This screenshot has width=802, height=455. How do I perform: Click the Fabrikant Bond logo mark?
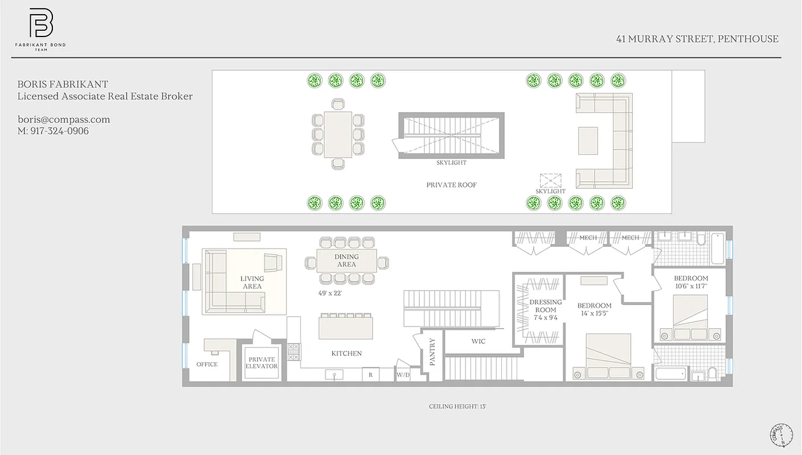(x=41, y=24)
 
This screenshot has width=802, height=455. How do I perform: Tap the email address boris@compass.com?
(x=63, y=119)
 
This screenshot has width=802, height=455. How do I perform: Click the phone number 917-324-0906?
(x=60, y=131)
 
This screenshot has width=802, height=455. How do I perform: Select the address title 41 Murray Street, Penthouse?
(x=697, y=39)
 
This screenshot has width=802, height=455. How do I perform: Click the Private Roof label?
(x=451, y=185)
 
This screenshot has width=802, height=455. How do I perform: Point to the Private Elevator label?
(x=261, y=363)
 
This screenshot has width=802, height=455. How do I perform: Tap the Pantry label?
(x=432, y=351)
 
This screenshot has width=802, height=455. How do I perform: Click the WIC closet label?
(x=478, y=341)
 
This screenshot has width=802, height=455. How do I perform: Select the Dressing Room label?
(x=545, y=306)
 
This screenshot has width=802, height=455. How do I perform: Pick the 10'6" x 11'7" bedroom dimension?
(x=690, y=286)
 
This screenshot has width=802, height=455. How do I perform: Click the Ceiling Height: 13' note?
(x=457, y=407)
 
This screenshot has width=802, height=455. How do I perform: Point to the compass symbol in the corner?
(x=781, y=435)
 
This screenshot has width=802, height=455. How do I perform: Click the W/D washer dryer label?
(x=403, y=375)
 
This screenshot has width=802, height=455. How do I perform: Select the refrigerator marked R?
(x=370, y=375)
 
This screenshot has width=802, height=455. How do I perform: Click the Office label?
(x=207, y=364)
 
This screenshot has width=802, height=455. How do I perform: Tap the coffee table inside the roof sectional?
(x=588, y=140)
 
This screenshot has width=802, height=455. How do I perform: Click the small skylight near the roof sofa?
(x=550, y=181)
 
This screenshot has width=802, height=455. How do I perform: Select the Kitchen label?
(x=346, y=353)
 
